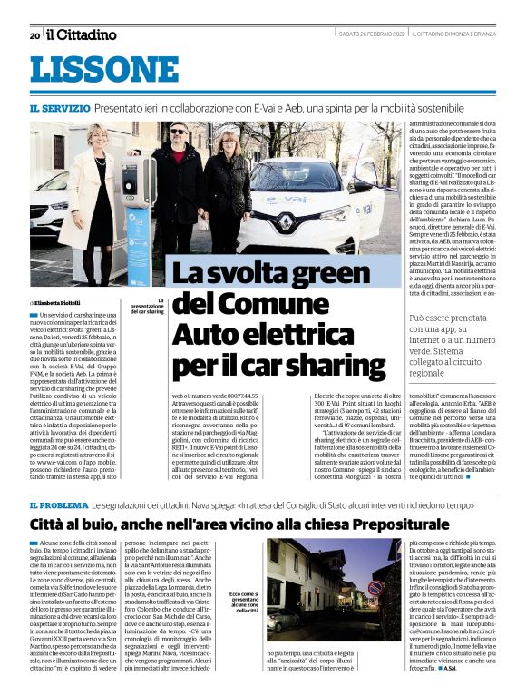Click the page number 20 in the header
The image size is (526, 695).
pos(34,35)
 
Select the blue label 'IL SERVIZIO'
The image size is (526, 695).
pos(59,108)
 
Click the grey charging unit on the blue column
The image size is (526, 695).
pos(141,191)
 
